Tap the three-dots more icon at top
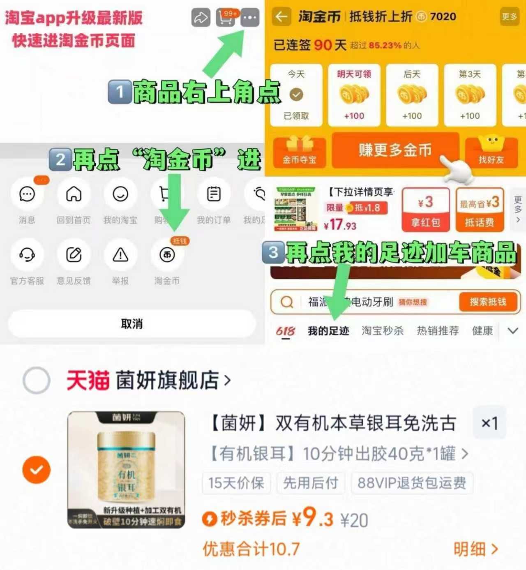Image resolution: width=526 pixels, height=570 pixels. click(250, 18)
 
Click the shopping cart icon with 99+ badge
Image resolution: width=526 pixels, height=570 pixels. click(226, 18)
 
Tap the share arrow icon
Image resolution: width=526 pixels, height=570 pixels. click(201, 18)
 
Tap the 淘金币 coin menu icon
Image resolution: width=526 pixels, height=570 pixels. click(167, 255)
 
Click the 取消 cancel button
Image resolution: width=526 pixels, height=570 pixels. click(131, 324)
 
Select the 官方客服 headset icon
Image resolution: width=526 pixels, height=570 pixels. click(27, 255)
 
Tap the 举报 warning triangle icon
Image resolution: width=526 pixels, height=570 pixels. click(120, 255)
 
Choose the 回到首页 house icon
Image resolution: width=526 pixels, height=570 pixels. click(74, 194)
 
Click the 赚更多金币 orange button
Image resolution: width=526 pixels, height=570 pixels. click(394, 150)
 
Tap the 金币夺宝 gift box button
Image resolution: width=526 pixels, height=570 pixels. click(299, 152)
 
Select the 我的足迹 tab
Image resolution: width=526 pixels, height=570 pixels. click(328, 331)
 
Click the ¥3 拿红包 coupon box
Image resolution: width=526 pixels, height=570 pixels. click(425, 210)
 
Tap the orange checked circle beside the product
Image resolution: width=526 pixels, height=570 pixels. click(37, 469)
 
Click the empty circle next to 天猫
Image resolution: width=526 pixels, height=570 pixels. click(37, 380)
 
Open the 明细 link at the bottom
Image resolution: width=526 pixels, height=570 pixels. click(475, 549)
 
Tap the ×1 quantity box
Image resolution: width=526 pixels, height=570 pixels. click(489, 423)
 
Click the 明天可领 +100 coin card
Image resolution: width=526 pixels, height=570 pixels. click(354, 95)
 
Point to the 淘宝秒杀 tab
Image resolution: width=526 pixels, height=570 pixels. click(383, 331)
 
